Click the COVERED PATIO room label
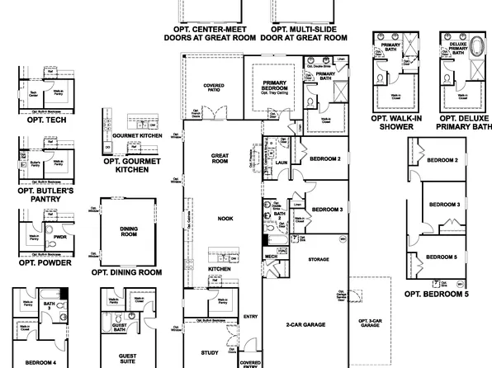pyautogui.click(x=213, y=88)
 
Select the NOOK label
pyautogui.click(x=225, y=219)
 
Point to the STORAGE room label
pyautogui.click(x=318, y=261)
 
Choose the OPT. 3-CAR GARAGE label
pyautogui.click(x=369, y=323)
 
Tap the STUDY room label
pyautogui.click(x=210, y=353)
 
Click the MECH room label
pyautogui.click(x=271, y=256)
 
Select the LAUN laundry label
pyautogui.click(x=281, y=163)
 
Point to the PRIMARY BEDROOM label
pyautogui.click(x=274, y=86)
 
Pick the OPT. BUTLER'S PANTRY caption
pyautogui.click(x=47, y=195)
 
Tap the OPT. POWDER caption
pyautogui.click(x=47, y=263)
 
